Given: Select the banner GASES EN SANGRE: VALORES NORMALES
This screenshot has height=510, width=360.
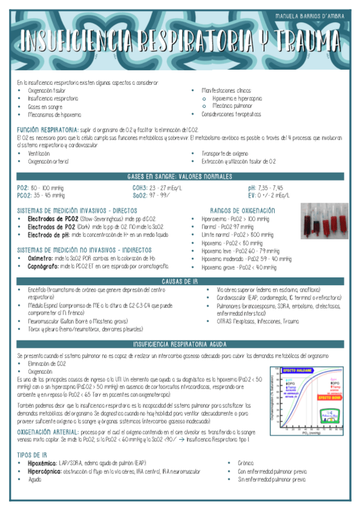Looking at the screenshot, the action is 180,176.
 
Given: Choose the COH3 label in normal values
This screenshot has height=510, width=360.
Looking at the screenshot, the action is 142,188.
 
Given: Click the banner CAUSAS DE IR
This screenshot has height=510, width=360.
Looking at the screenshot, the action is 180,281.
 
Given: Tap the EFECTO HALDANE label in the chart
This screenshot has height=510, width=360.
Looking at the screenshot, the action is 296,370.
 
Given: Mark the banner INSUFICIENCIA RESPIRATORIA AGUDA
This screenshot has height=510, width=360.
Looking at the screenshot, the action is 180,344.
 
